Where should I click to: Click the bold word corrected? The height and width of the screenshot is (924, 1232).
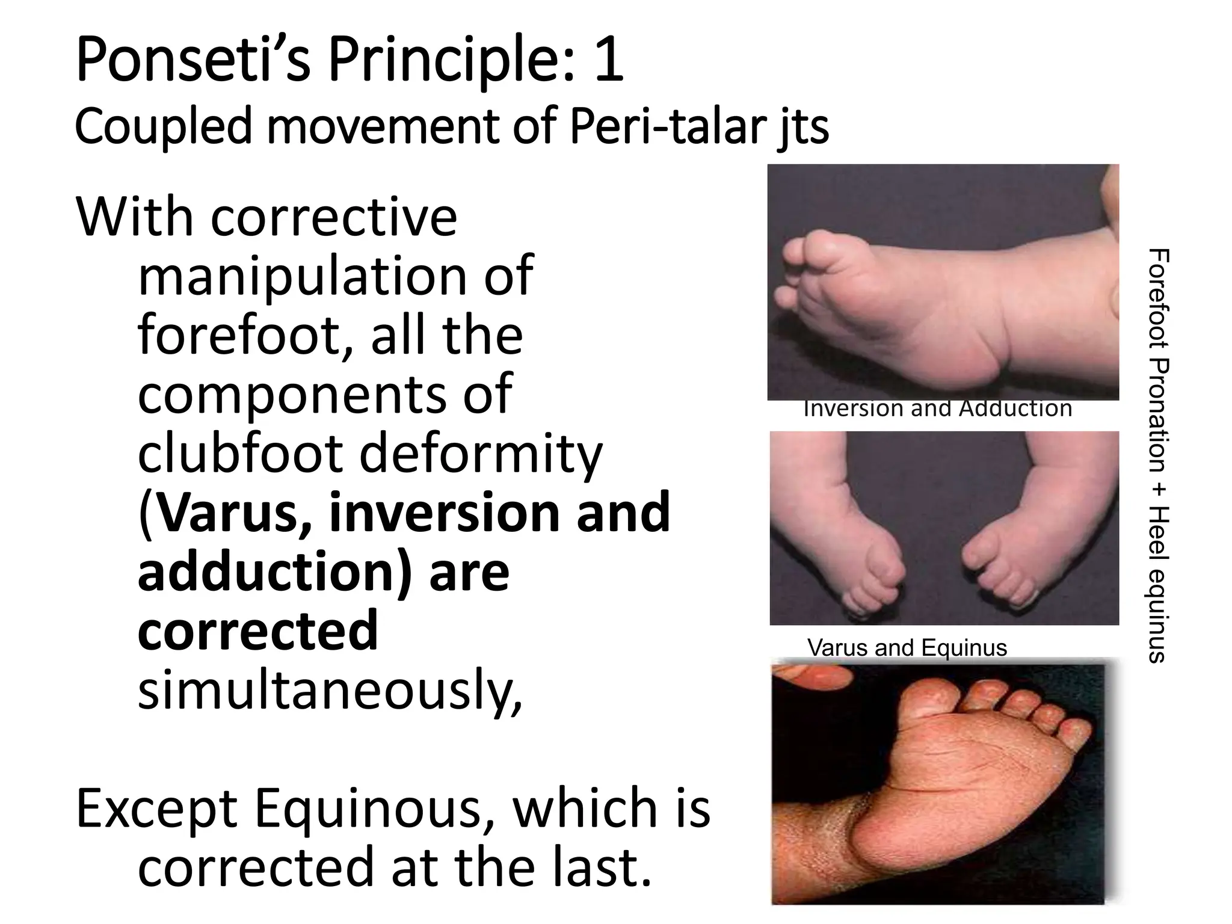tap(257, 630)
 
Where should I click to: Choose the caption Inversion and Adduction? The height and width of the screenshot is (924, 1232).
tap(937, 409)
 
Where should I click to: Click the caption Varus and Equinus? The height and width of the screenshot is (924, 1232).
tap(907, 648)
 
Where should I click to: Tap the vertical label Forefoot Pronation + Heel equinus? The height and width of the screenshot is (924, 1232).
tap(1157, 455)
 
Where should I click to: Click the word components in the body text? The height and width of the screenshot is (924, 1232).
tap(325, 394)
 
